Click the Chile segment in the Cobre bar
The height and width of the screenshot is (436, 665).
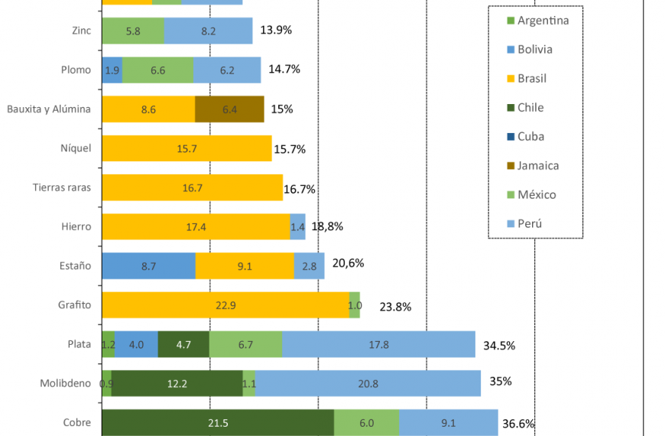[x=218, y=422]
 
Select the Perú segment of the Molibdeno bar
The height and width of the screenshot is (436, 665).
[x=368, y=383]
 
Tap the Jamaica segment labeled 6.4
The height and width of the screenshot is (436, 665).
[x=229, y=109]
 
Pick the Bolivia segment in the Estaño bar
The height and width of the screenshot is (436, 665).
[x=148, y=265]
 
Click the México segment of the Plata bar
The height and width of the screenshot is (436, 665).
[x=245, y=344]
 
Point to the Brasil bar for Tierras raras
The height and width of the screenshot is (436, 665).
[x=192, y=187]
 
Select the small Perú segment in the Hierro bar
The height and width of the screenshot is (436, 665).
[x=298, y=226]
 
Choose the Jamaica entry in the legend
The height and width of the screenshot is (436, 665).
[x=537, y=165]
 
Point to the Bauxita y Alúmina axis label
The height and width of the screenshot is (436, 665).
[x=49, y=109]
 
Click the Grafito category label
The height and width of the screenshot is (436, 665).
[x=74, y=305]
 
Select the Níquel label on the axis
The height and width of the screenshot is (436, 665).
[x=76, y=148]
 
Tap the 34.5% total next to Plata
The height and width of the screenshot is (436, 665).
[x=499, y=345]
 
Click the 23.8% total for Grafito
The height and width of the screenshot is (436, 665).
[x=395, y=307]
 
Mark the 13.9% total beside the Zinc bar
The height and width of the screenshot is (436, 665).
[x=276, y=31]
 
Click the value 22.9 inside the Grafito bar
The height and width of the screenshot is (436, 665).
[x=225, y=305]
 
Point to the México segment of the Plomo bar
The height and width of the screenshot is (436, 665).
[x=157, y=70]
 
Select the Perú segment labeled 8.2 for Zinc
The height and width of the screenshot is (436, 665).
[x=208, y=31]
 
